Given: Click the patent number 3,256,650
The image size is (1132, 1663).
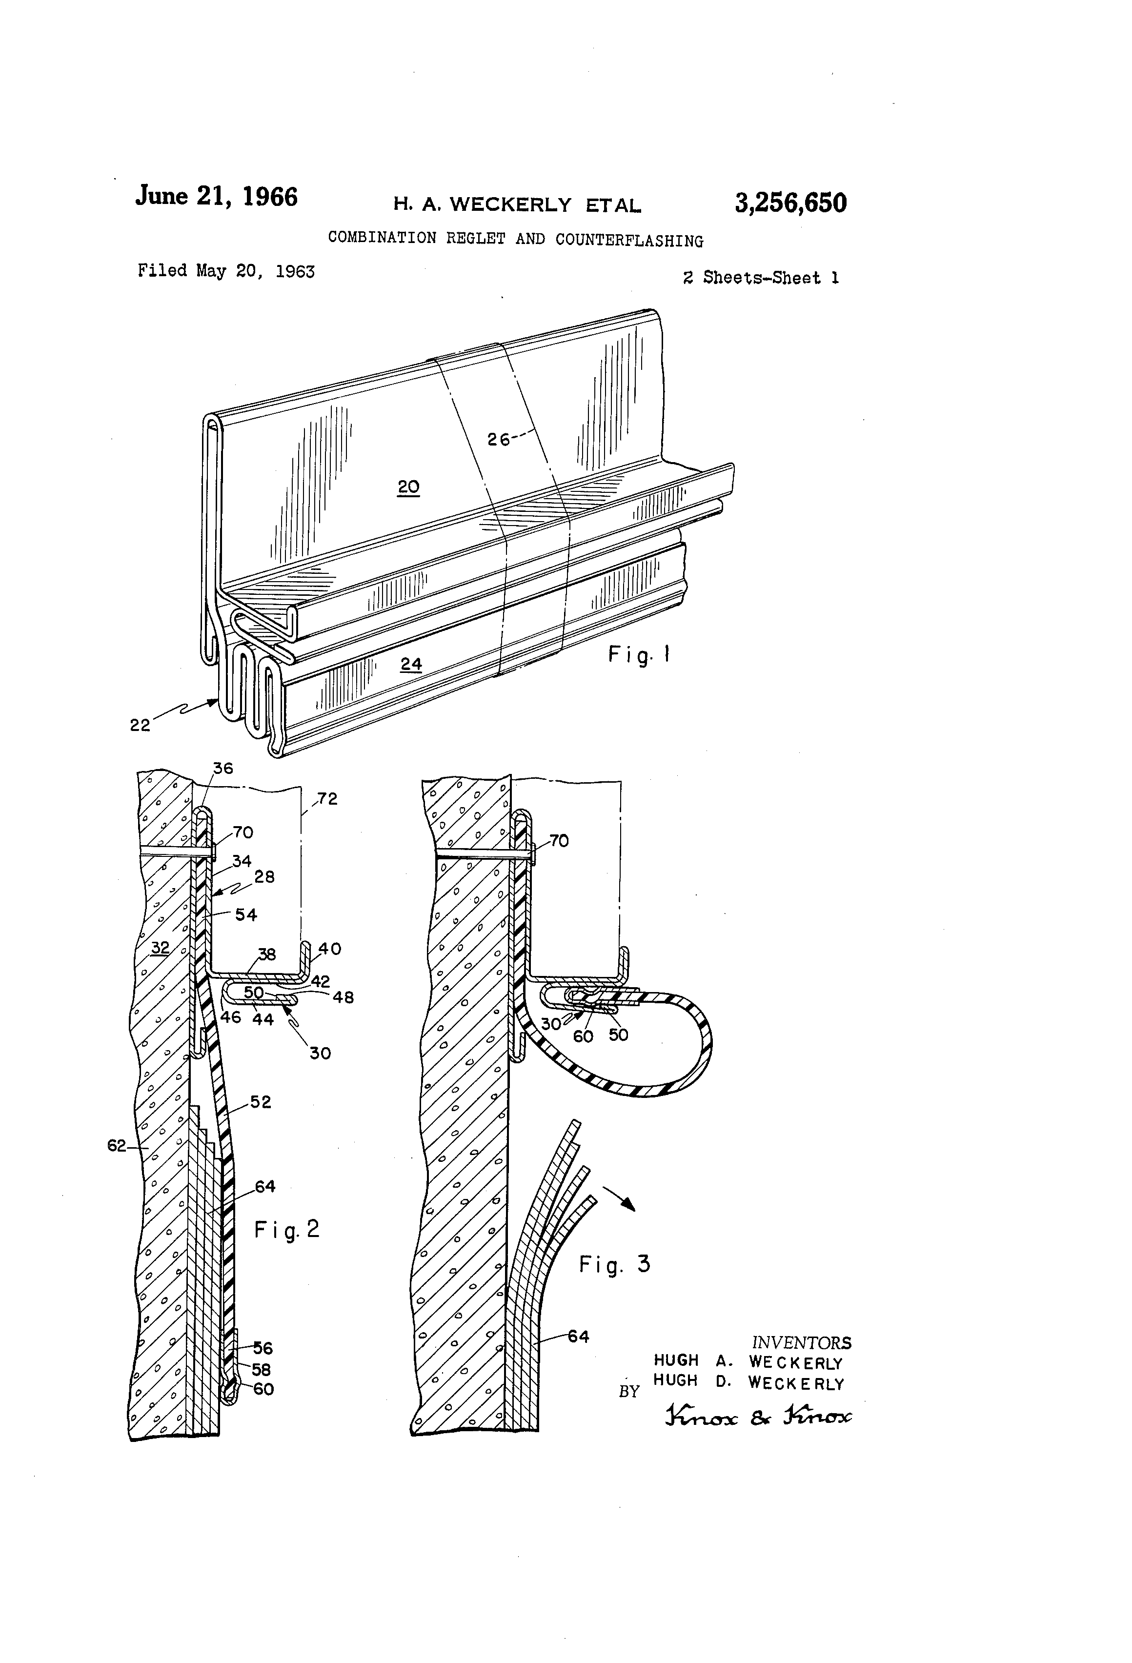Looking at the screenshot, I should tap(790, 203).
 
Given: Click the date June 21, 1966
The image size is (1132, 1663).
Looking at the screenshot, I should tap(216, 196).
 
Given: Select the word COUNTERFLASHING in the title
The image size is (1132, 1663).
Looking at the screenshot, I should tap(629, 241).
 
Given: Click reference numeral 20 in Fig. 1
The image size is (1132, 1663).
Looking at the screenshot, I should tap(408, 487).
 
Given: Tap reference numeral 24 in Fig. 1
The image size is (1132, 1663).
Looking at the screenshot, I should tap(411, 664).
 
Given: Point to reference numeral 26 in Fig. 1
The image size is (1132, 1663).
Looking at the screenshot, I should tap(499, 439).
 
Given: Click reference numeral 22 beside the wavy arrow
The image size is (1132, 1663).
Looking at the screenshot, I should tap(140, 725).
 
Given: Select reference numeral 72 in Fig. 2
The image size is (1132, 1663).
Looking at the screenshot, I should tap(327, 799).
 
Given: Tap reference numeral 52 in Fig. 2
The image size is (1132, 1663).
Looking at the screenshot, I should tap(261, 1102).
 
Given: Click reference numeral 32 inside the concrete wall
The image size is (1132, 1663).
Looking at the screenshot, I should tap(160, 948).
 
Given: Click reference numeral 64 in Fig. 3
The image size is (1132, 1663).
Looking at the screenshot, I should tap(578, 1336).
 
